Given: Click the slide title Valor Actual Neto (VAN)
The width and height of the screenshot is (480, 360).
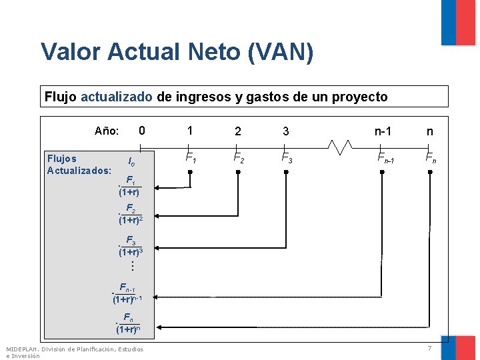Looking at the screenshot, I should [177, 52].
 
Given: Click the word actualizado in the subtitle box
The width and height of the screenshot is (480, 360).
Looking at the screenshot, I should [117, 97].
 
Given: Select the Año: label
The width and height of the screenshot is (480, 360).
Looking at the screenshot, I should [107, 131].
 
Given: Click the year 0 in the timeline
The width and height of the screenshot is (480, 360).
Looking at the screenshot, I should [141, 131].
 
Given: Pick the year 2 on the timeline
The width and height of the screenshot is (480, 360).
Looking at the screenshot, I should [238, 131].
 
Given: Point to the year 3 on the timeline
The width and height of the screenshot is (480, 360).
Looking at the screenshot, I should [285, 131].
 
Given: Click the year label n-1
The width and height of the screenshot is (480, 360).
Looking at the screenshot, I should [383, 131].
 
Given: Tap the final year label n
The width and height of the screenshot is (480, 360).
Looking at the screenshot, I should [430, 131].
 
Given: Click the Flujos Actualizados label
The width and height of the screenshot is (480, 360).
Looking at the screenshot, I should [79, 165].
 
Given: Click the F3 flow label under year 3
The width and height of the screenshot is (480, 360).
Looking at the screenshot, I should [285, 159].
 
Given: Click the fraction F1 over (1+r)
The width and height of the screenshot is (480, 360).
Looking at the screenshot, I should [129, 187].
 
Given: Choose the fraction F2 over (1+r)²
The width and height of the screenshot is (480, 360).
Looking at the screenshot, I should [130, 214].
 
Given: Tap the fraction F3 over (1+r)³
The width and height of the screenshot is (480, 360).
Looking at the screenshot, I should [130, 247].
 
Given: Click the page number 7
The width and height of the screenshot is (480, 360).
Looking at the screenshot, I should [430, 349].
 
